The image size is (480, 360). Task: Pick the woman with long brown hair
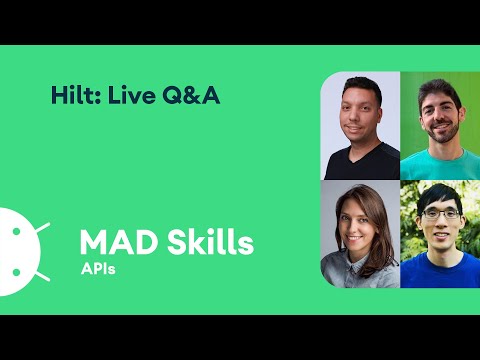tap(360, 234)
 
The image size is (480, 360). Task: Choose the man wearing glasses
tap(440, 236)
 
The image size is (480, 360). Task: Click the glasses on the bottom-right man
tap(440, 214)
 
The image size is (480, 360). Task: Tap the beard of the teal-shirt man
tap(441, 140)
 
